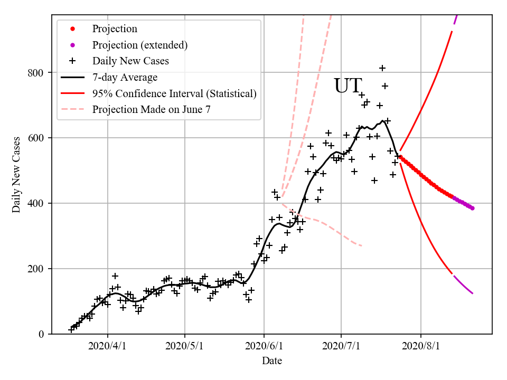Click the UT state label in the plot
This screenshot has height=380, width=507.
pyautogui.click(x=348, y=85)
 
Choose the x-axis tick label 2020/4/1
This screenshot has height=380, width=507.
pyautogui.click(x=108, y=346)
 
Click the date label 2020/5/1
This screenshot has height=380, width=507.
pyautogui.click(x=185, y=346)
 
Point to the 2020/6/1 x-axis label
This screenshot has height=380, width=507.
pyautogui.click(x=264, y=346)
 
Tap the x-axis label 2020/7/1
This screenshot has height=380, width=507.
pyautogui.click(x=341, y=346)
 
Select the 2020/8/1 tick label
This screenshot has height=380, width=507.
pyautogui.click(x=421, y=346)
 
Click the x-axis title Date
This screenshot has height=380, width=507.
pyautogui.click(x=272, y=361)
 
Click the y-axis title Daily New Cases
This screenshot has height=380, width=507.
pyautogui.click(x=16, y=175)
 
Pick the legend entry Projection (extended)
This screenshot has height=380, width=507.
pyautogui.click(x=140, y=45)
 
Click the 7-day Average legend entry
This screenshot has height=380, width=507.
pyautogui.click(x=125, y=78)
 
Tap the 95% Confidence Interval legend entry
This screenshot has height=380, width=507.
pyautogui.click(x=174, y=93)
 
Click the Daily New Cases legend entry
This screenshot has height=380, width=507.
pyautogui.click(x=130, y=61)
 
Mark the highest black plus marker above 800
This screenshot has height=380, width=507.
pyautogui.click(x=382, y=68)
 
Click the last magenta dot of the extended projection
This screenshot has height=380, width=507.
pyautogui.click(x=472, y=208)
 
